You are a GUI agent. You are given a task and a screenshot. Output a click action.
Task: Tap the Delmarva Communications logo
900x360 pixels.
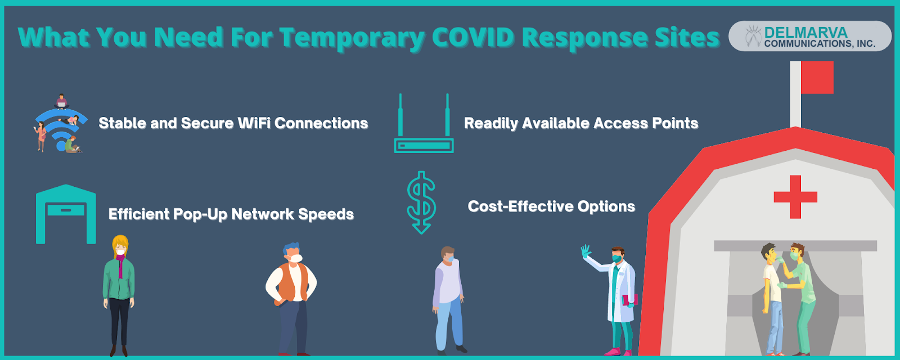coord(810,36)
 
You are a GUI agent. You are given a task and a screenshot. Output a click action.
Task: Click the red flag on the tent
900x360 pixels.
coord(817,77)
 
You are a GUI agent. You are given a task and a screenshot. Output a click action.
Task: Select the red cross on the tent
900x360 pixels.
coord(795,197)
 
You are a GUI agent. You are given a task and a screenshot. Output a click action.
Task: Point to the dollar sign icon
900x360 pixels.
coord(421,202)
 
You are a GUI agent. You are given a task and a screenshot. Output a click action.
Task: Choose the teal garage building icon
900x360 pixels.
coord(66,214)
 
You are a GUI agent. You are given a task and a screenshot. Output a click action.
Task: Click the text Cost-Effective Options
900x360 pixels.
coord(551,206)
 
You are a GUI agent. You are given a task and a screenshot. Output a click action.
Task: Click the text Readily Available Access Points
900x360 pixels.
coord(581,123)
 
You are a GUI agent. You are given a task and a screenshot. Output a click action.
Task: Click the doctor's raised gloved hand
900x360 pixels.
coord(586,251)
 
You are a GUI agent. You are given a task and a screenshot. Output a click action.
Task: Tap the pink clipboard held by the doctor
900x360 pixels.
coord(629,300)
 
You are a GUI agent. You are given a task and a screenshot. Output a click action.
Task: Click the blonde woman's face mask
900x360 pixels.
coord(121,251)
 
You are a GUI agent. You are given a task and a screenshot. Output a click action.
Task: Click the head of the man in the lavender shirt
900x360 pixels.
coord(448,254)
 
